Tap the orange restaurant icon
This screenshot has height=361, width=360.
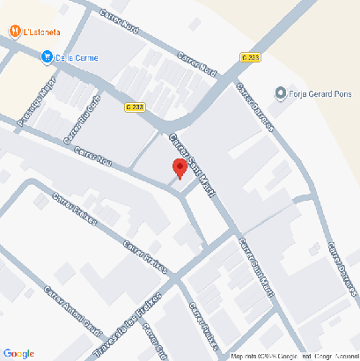pyautogui.click(x=16, y=32)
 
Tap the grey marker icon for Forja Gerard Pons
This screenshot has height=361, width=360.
pyautogui.click(x=280, y=92)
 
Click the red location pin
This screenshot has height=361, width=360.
pyautogui.click(x=180, y=168)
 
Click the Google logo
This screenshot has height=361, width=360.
pyautogui.click(x=18, y=353)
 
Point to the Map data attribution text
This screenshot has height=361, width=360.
pyautogui.click(x=290, y=357)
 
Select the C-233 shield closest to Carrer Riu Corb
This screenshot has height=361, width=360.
pyautogui.click(x=135, y=106)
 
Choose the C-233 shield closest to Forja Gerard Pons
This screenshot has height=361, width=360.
pyautogui.click(x=250, y=57)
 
